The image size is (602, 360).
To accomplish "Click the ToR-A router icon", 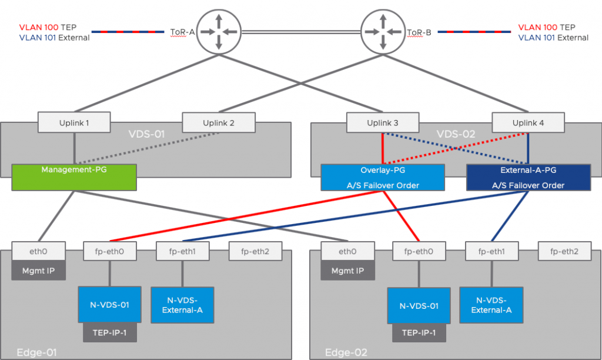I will click(x=218, y=31).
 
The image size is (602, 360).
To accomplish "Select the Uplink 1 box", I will click(x=75, y=122).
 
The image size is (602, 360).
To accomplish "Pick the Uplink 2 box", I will click(x=219, y=122).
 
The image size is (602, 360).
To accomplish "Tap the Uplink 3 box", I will click(x=383, y=122).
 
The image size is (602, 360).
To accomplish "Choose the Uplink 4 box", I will click(x=528, y=122).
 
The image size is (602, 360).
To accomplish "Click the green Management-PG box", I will click(x=74, y=177).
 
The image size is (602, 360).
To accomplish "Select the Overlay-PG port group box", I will click(x=383, y=177).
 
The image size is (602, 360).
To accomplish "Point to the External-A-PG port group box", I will click(x=528, y=177).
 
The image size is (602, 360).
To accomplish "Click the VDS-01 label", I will click(x=147, y=134).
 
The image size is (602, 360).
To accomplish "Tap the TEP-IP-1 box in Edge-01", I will click(x=110, y=332).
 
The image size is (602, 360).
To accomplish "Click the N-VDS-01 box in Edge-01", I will click(x=110, y=305).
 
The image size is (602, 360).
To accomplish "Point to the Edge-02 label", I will click(x=346, y=352).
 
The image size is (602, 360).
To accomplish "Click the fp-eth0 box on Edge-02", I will click(x=419, y=251).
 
